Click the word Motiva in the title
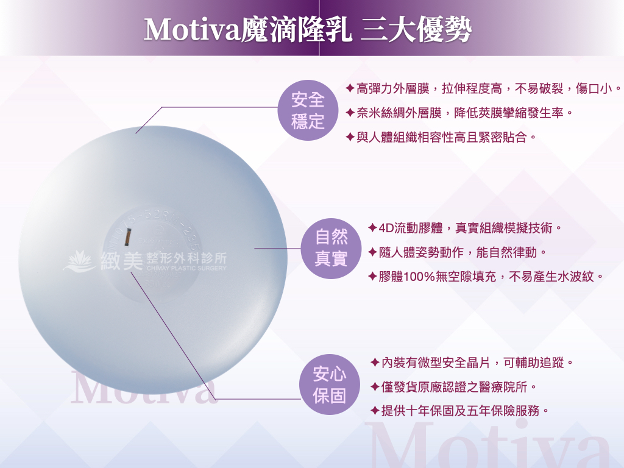(x=192, y=30)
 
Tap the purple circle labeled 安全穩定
(x=308, y=110)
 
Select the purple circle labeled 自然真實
(x=331, y=249)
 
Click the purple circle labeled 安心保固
(x=330, y=385)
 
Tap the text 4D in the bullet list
(x=386, y=229)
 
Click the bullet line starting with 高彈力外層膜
(x=483, y=89)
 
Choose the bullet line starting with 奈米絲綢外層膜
(x=459, y=113)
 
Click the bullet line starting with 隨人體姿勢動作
(x=458, y=252)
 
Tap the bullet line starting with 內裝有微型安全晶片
(x=472, y=363)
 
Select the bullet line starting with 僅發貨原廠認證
(x=453, y=386)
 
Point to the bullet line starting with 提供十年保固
(x=459, y=410)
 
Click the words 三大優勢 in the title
(x=416, y=30)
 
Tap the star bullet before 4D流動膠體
(x=372, y=228)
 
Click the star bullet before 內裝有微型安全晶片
(x=375, y=363)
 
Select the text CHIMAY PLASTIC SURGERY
(x=186, y=268)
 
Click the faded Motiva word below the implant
(x=144, y=387)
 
